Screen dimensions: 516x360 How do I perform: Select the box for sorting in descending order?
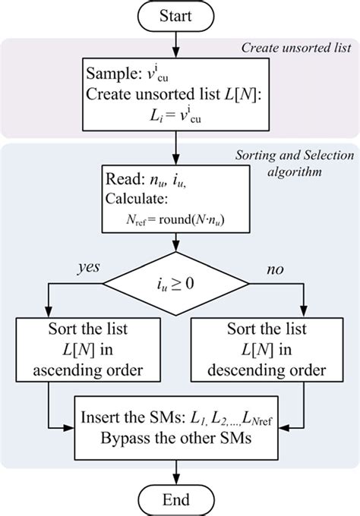267,351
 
